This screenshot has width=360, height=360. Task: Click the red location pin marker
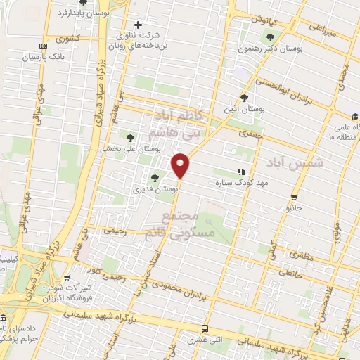click(x=181, y=165)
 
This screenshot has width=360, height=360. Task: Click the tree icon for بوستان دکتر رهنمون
click(x=271, y=37)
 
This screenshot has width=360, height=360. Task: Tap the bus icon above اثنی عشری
click(x=205, y=328)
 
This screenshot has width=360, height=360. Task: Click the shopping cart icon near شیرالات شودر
click(x=67, y=278)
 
